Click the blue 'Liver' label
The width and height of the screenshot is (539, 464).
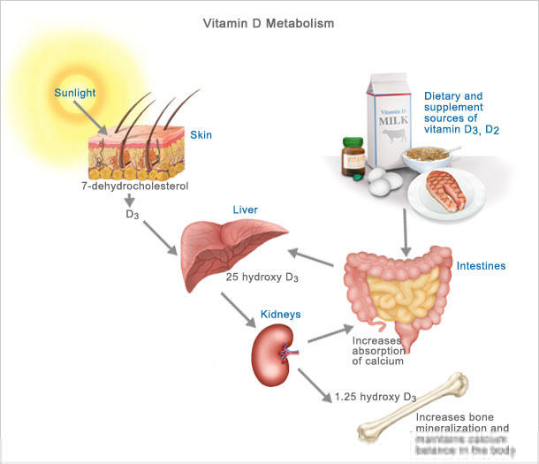(245, 210)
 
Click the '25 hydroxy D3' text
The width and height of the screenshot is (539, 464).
(262, 278)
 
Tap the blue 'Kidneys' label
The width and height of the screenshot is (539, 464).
(282, 314)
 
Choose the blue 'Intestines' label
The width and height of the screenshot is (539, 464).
(482, 265)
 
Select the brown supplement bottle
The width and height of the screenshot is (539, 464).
(357, 154)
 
